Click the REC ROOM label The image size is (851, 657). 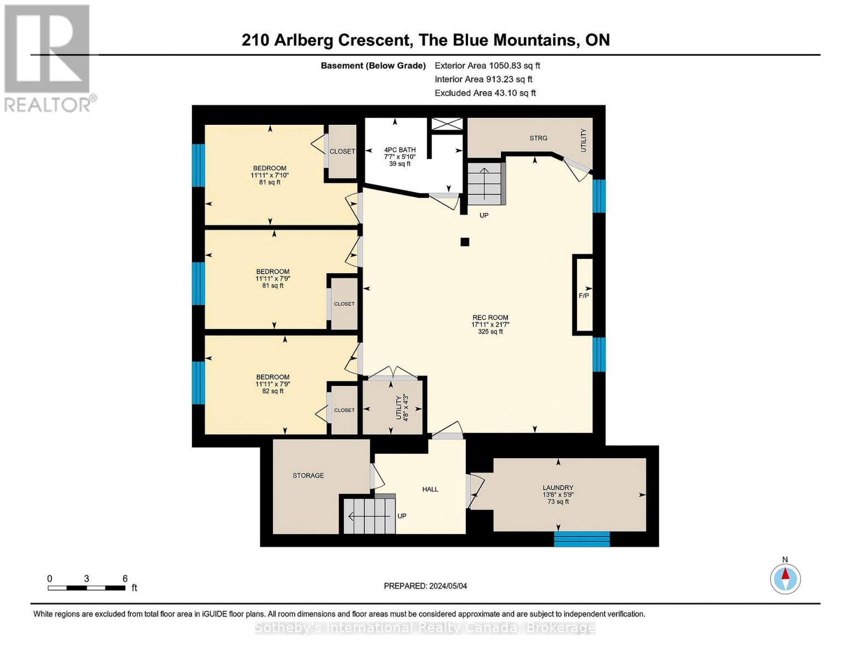coord(490,318)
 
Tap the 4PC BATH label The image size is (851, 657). coord(399,149)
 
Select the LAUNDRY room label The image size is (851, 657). coord(558,488)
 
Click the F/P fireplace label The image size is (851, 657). coord(584,296)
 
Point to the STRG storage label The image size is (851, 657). coord(538,138)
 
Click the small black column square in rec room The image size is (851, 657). coord(465,242)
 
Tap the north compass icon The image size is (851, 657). coord(785,579)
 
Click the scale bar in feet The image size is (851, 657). coord(87,588)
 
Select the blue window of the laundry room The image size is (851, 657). coord(581,539)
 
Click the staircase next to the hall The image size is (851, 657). coord(369,515)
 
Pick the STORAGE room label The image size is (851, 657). coord(308,475)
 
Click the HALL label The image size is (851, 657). coord(430,489)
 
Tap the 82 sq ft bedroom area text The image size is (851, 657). coord(273,391)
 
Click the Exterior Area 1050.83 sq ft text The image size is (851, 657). coord(487,66)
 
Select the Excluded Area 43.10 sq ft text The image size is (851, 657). coord(485,93)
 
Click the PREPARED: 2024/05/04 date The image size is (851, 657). coord(425,586)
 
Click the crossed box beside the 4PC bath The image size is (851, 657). coord(447,124)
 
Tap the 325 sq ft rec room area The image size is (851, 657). coord(490,331)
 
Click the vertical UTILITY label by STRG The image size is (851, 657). coord(583,140)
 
